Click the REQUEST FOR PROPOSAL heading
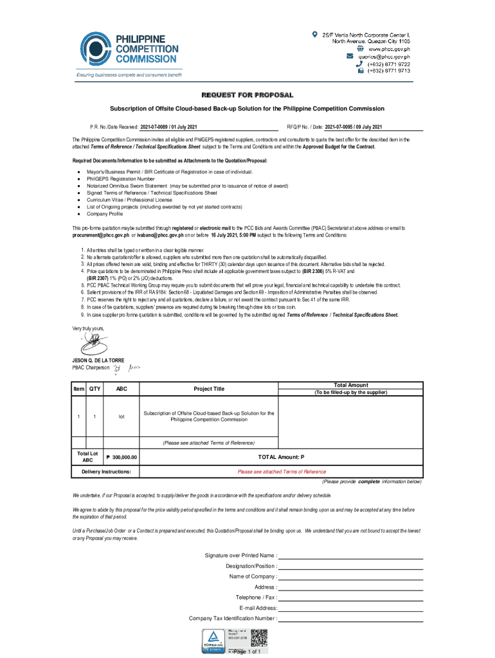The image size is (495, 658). pyautogui.click(x=247, y=95)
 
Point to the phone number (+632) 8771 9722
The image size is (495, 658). pyautogui.click(x=388, y=64)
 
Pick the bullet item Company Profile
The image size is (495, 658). pyautogui.click(x=105, y=214)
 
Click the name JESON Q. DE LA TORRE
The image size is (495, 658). pyautogui.click(x=98, y=360)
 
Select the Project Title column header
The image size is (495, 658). pyautogui.click(x=209, y=389)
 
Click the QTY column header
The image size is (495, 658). pyautogui.click(x=94, y=389)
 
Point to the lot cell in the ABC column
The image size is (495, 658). pyautogui.click(x=122, y=416)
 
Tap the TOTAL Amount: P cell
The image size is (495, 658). pyautogui.click(x=281, y=457)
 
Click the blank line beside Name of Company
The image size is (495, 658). pyautogui.click(x=350, y=576)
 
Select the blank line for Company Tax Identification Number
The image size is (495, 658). pyautogui.click(x=350, y=619)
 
